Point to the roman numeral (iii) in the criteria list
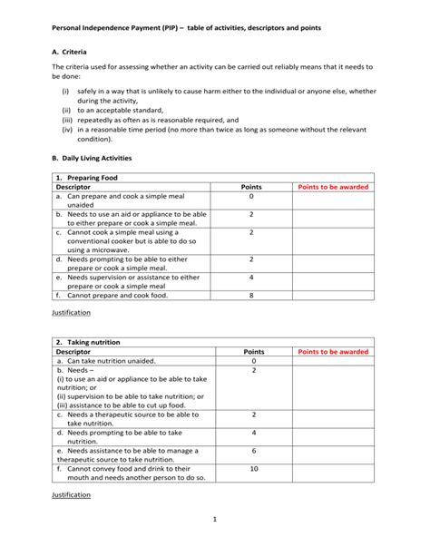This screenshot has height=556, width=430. [67, 119]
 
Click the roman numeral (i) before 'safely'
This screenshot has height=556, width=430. [65, 92]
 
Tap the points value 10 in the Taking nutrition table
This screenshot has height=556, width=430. [254, 468]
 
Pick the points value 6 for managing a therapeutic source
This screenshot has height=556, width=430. [254, 450]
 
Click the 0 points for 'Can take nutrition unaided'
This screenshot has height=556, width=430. [254, 361]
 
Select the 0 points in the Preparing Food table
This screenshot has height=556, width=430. [251, 196]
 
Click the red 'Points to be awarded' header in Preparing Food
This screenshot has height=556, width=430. [332, 187]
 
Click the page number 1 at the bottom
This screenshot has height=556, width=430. [215, 519]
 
